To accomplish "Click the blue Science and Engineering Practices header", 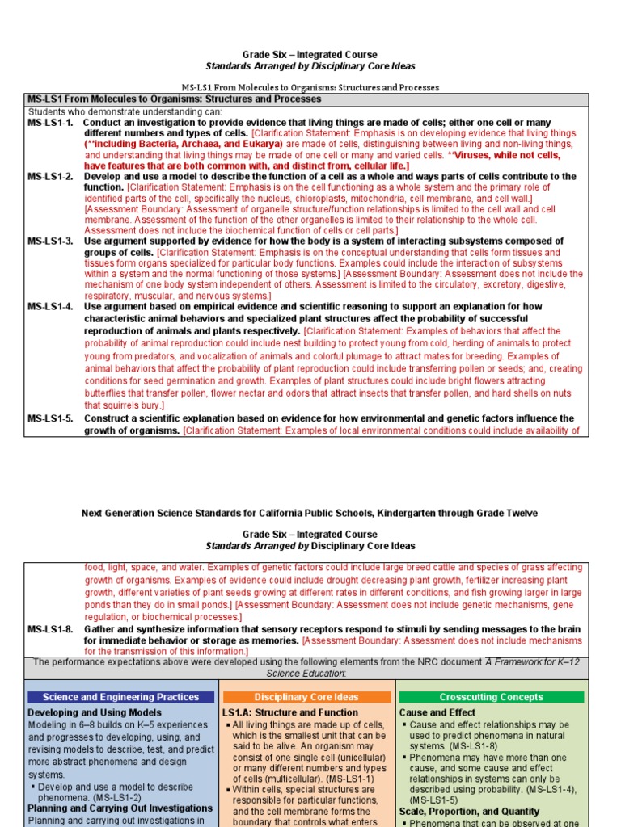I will tap(120, 697).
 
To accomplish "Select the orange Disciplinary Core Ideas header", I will tap(306, 697).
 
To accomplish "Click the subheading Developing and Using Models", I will tap(94, 713).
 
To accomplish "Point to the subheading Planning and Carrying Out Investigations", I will tap(120, 807).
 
